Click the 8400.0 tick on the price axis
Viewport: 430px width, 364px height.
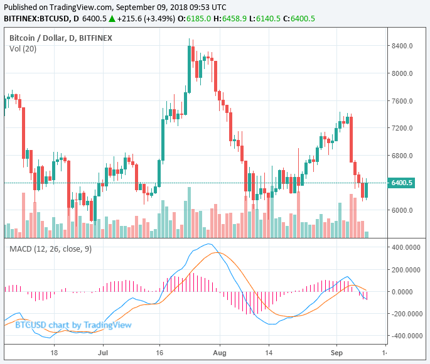click(401, 46)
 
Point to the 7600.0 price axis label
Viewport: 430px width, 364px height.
click(401, 101)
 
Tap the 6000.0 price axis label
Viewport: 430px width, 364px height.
click(401, 210)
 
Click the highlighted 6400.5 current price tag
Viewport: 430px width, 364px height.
click(402, 183)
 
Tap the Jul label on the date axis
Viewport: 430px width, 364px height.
click(102, 353)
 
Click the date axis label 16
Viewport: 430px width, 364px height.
click(161, 353)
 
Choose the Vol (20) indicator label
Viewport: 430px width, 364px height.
click(23, 49)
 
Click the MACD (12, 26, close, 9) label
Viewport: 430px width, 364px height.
click(51, 249)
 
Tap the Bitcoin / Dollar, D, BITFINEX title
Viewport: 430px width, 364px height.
click(61, 38)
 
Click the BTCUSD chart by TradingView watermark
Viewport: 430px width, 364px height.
click(73, 325)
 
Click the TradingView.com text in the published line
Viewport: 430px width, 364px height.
click(85, 7)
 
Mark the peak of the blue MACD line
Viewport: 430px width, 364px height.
click(210, 244)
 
